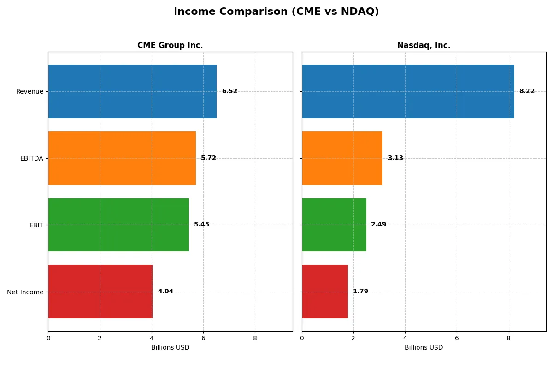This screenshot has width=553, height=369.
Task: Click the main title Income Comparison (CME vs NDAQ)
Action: (x=276, y=12)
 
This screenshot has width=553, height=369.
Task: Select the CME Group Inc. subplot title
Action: (x=170, y=45)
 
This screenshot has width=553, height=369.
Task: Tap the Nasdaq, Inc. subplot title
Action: (x=424, y=45)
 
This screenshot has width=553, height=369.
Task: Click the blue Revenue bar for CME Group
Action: (x=132, y=91)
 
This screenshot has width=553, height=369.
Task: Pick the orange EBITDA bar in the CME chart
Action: (x=122, y=158)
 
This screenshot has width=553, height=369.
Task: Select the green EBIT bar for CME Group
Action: (x=118, y=225)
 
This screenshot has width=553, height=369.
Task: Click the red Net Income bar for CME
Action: (x=100, y=292)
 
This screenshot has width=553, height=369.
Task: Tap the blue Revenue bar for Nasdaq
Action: (x=408, y=91)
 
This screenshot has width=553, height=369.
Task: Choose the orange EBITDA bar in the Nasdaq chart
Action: (x=342, y=158)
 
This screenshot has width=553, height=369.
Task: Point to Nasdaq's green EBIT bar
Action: (x=334, y=225)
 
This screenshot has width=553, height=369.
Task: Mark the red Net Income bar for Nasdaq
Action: (x=325, y=292)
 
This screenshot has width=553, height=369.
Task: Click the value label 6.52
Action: (x=229, y=91)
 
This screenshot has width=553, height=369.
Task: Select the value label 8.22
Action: (x=527, y=91)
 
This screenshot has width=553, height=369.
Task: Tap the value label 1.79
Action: (x=360, y=292)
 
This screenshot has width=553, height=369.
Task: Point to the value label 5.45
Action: (x=201, y=225)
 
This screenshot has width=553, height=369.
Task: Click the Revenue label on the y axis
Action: (x=29, y=91)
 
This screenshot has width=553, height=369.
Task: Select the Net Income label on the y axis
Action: (x=25, y=292)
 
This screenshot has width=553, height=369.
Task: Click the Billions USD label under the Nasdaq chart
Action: (x=424, y=347)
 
